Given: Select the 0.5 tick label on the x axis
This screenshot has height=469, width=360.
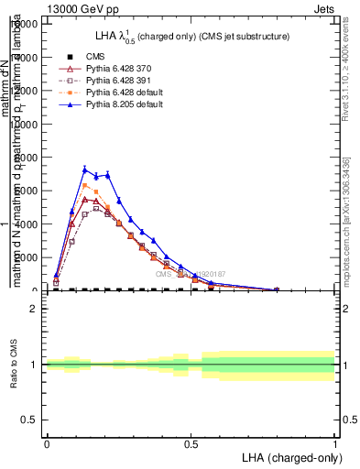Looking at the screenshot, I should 191,443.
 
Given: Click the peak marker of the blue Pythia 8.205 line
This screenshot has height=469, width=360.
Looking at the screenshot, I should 85,169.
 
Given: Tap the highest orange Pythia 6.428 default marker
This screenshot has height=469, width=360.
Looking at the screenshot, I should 85,185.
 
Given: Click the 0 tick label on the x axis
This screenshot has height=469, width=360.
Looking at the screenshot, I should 46,443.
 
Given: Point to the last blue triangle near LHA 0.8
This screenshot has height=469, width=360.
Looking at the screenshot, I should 277,289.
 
